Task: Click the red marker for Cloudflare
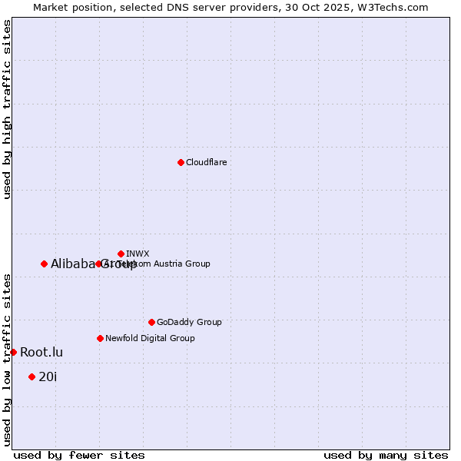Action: (181, 162)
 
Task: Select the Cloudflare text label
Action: (206, 162)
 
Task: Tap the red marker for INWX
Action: (121, 254)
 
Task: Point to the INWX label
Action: (138, 254)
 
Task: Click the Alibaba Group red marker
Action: (44, 264)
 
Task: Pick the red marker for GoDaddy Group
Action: (151, 322)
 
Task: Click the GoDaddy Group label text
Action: (189, 322)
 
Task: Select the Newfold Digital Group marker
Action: (100, 338)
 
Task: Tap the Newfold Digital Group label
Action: (150, 338)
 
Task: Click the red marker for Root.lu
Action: (13, 352)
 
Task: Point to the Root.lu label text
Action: (41, 352)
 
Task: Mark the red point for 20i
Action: (32, 376)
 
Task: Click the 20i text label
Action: (48, 376)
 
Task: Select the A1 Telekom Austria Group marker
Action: (98, 264)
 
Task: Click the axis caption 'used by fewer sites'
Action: (79, 455)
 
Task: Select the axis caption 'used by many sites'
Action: (386, 455)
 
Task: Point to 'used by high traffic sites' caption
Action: (7, 109)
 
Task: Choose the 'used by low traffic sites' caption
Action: (7, 359)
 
